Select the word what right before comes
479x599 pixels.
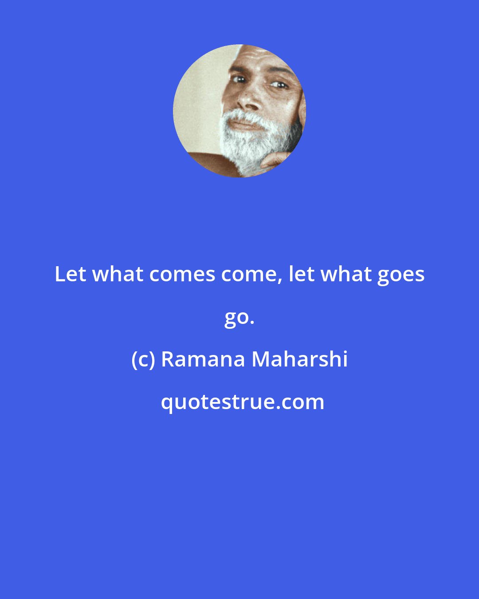pyautogui.click(x=118, y=274)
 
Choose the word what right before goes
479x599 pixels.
pyautogui.click(x=346, y=274)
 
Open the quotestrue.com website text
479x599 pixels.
pyautogui.click(x=242, y=402)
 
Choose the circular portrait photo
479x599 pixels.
pyautogui.click(x=239, y=111)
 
